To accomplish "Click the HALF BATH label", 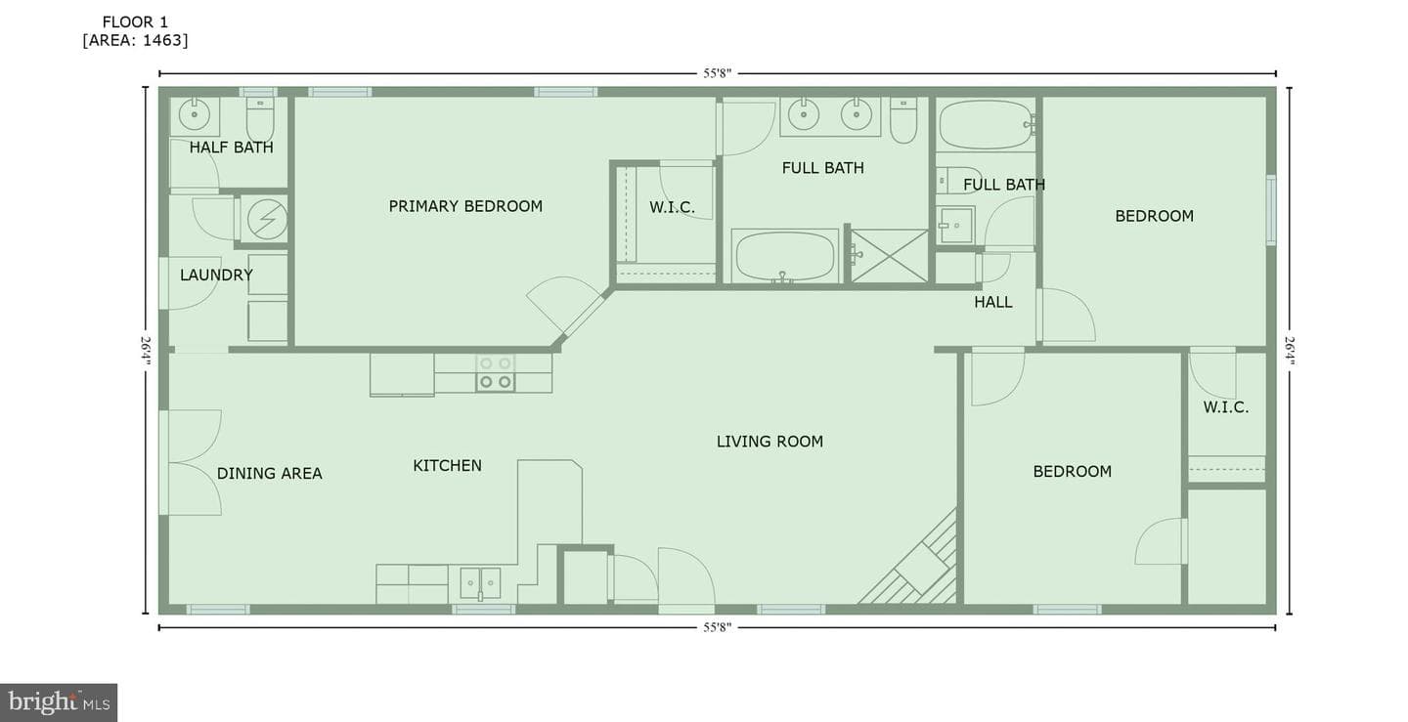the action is click(232, 148).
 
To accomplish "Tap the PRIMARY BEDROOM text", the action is click(465, 206).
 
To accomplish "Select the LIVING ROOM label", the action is click(770, 442).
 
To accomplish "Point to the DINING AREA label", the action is click(269, 474).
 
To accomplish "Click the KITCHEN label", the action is click(447, 466).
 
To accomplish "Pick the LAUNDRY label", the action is click(216, 275).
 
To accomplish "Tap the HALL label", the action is click(993, 303).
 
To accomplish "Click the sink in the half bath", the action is click(195, 115).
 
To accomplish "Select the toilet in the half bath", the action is click(260, 118).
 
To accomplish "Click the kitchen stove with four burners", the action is click(496, 373).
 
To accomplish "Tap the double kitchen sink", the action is click(480, 583).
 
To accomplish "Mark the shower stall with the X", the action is click(889, 256).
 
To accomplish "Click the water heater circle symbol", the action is click(267, 219).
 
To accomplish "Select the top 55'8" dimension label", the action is click(718, 73).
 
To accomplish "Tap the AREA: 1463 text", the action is click(135, 41).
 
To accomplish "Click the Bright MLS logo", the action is click(59, 701).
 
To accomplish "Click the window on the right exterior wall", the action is click(1271, 210).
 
